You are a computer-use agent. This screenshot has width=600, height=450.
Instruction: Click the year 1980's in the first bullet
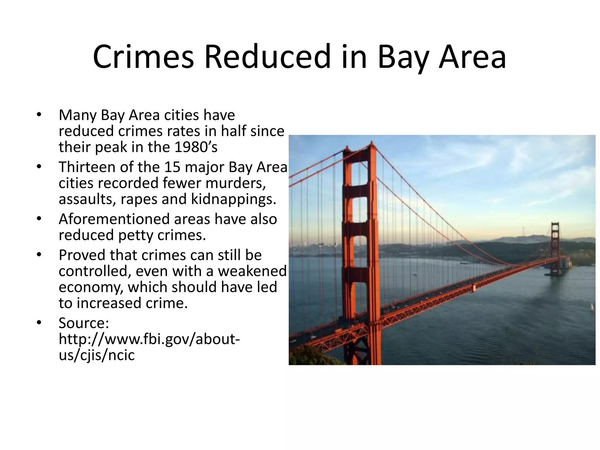click(x=196, y=147)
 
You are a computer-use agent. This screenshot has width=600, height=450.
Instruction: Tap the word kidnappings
click(x=233, y=200)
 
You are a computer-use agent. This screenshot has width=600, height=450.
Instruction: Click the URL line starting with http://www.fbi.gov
click(x=149, y=339)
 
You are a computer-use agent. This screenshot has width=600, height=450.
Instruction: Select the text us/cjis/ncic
click(x=97, y=355)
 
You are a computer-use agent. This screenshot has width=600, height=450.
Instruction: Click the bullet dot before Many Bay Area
click(x=39, y=115)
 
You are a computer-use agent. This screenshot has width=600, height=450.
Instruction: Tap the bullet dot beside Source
click(x=39, y=323)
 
